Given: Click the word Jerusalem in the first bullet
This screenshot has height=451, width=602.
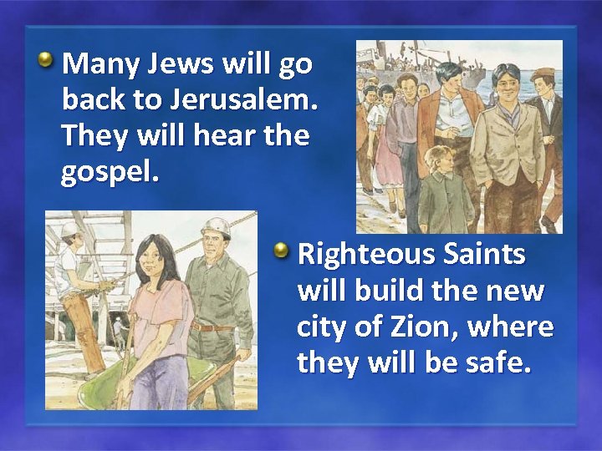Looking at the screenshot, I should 243,99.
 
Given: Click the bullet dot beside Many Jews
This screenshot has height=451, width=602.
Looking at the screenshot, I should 48,60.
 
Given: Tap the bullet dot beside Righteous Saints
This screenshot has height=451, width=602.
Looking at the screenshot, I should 283,250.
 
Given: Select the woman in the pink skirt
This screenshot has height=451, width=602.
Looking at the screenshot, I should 387,142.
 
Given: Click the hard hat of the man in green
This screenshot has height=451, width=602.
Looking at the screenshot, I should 217,228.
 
